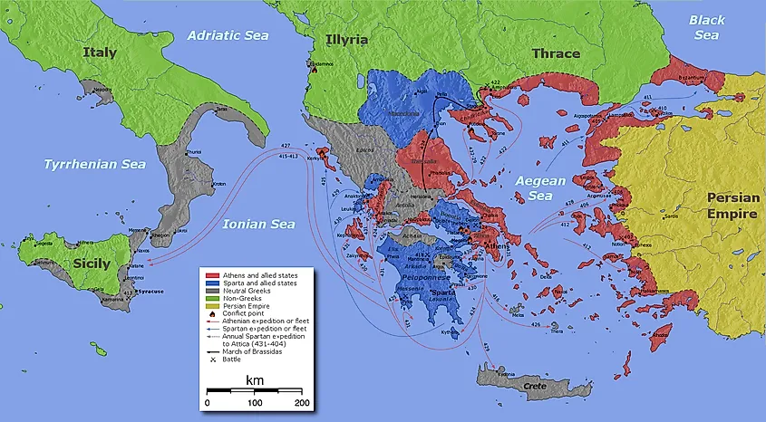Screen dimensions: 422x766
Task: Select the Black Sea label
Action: [706, 27]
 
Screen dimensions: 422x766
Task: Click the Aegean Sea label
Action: [540, 187]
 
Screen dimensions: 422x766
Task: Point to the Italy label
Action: [100, 53]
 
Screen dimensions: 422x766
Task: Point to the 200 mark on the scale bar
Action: [302, 402]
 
